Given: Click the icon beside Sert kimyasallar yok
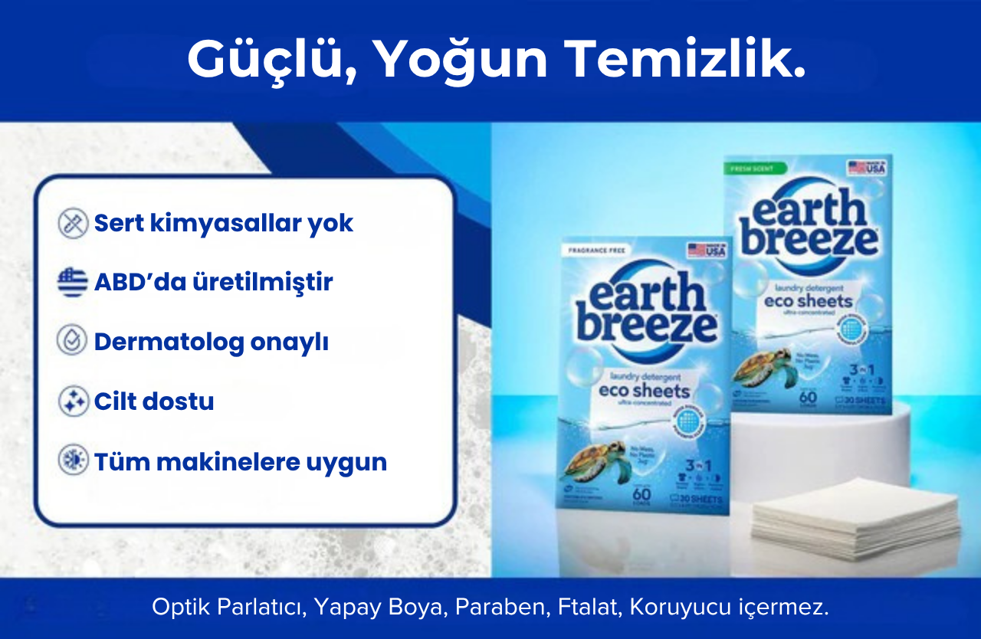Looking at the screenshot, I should point(73,224).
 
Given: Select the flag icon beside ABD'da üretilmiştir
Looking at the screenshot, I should point(73,282).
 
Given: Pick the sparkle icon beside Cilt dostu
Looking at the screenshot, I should point(73,401).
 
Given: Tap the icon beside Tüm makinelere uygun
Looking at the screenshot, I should point(73,461).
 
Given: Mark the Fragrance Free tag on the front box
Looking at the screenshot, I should point(599,251).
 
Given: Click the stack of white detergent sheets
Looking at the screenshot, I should point(855,517).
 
